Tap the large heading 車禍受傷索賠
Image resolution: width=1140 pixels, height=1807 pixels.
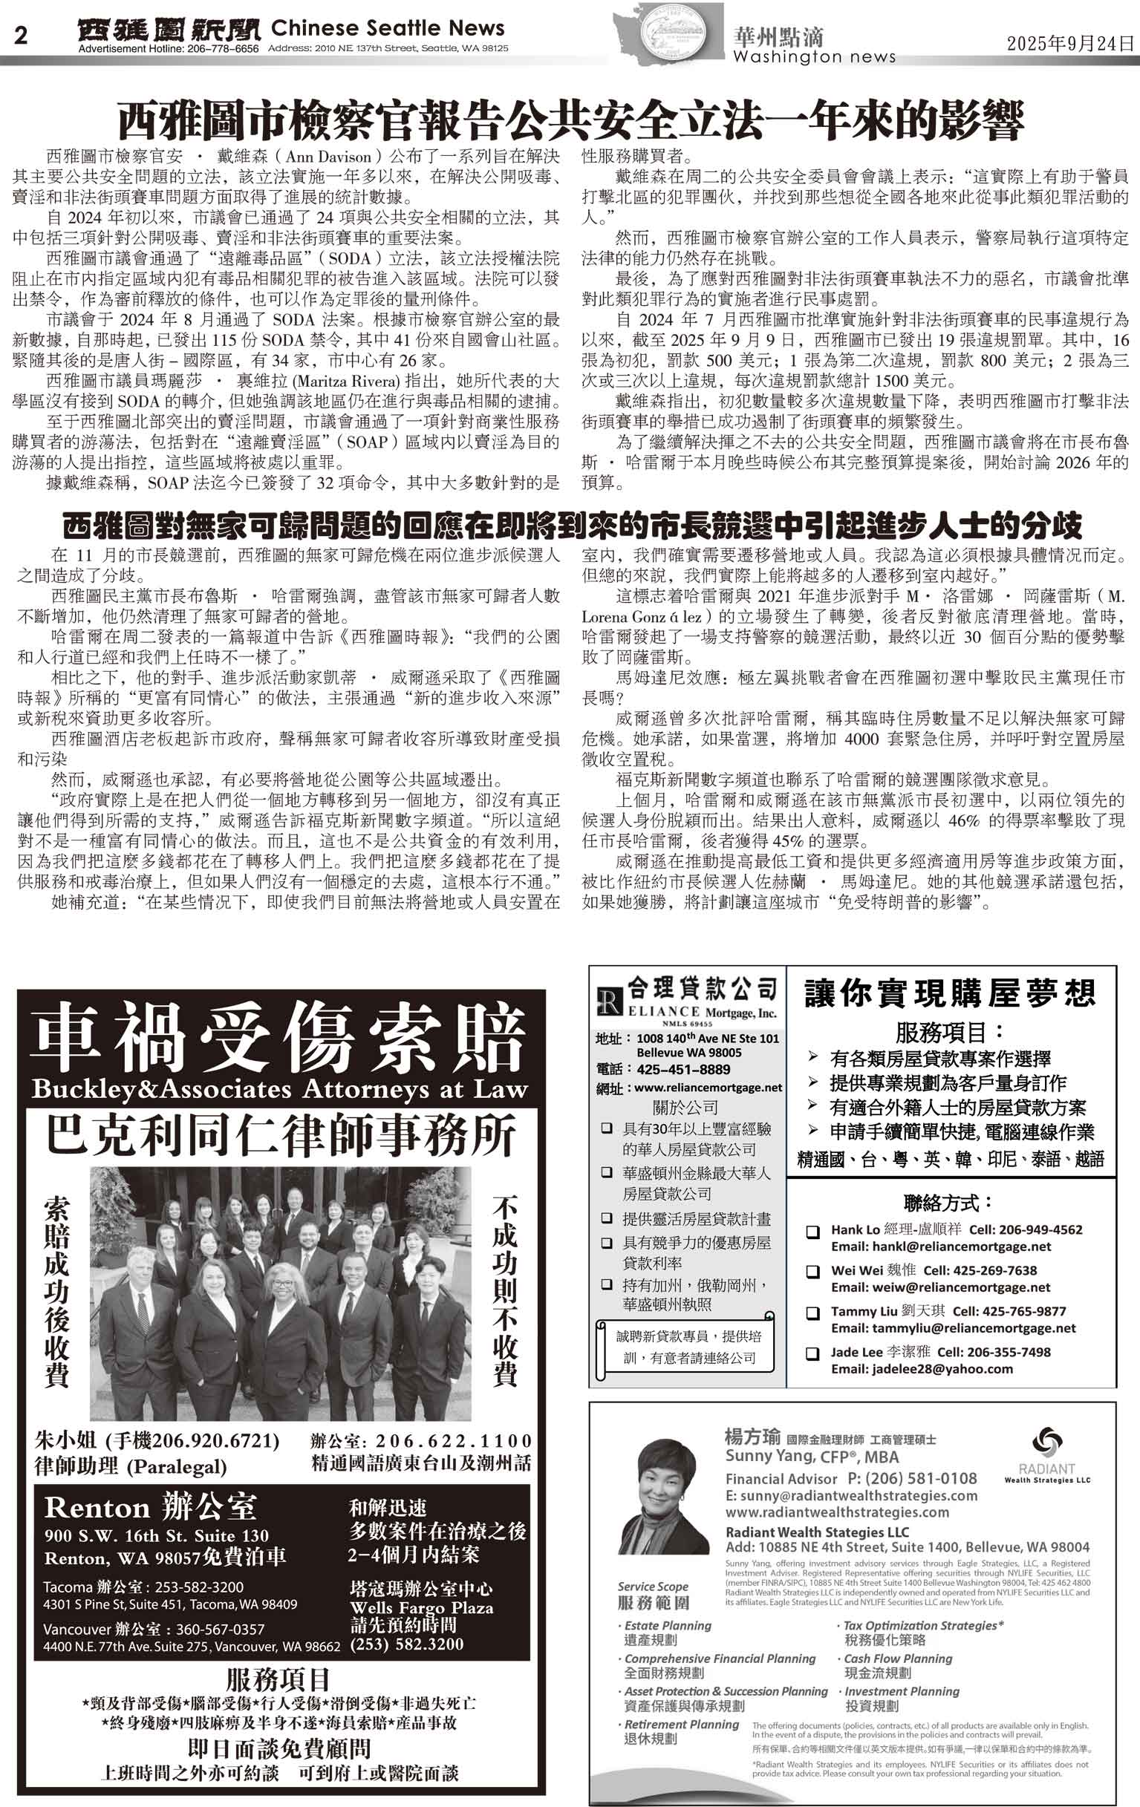click(281, 1038)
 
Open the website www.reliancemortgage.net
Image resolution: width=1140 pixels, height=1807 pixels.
click(708, 1088)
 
